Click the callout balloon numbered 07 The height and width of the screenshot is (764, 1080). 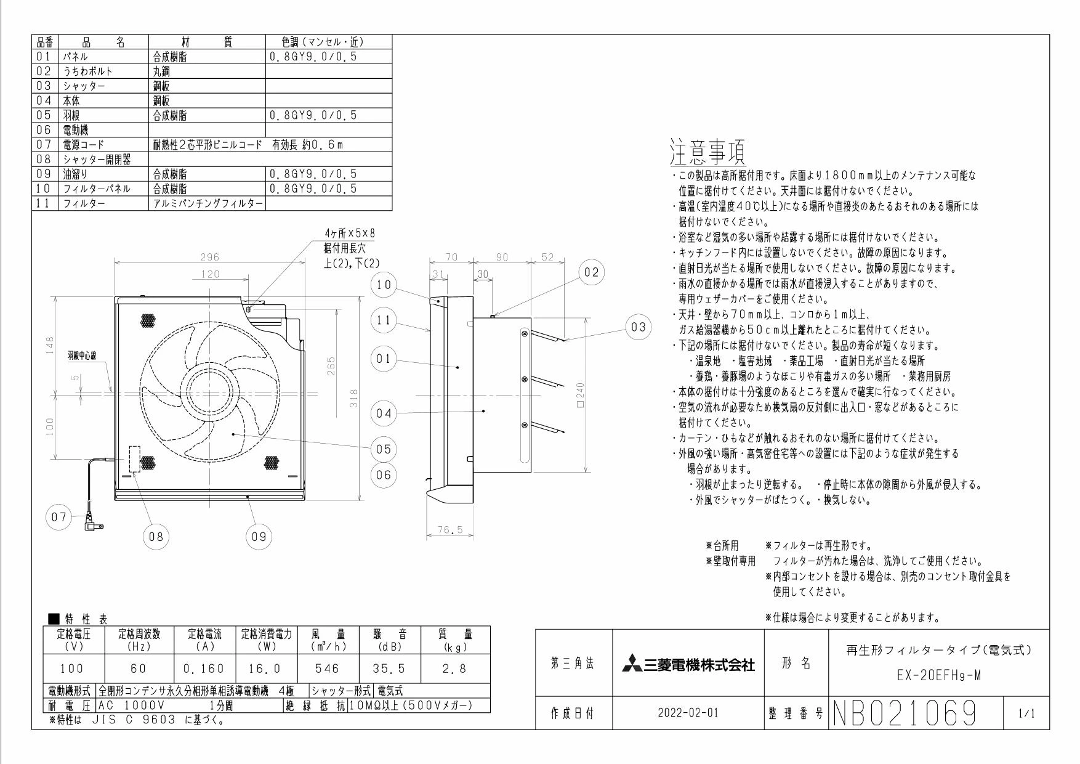[58, 517]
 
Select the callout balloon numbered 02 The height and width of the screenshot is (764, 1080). [591, 273]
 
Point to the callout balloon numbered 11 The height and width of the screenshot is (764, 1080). [384, 321]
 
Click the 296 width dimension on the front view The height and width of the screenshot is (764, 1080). [211, 258]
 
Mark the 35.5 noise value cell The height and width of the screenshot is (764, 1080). [389, 668]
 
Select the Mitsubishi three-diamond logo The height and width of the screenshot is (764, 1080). [632, 665]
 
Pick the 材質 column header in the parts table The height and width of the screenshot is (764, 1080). [206, 42]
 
